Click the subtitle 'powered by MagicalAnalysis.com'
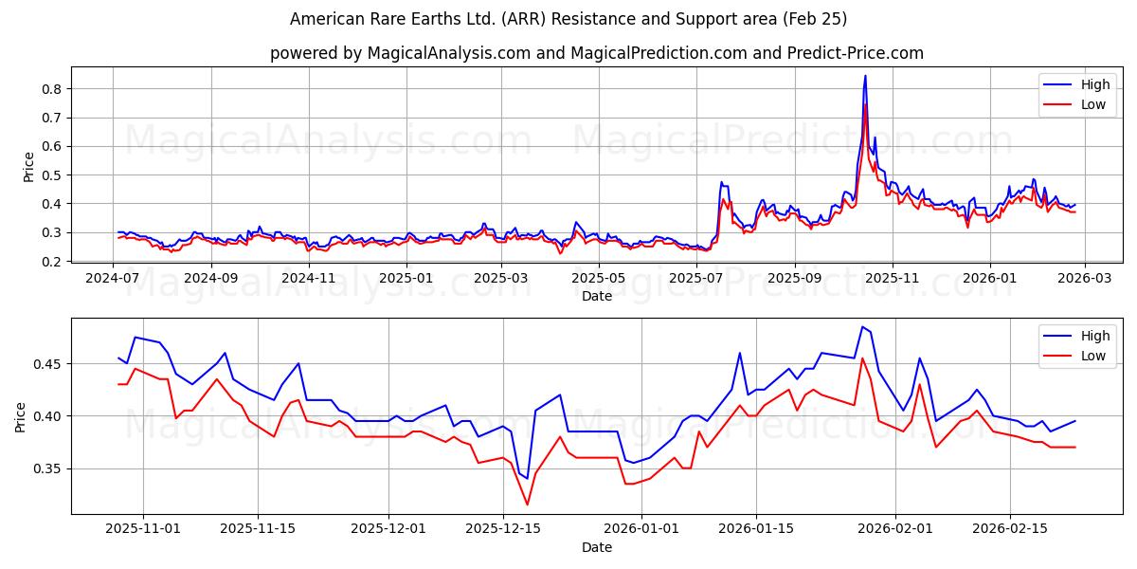pos(597,53)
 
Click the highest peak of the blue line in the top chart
pos(865,76)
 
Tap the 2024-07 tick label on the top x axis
pos(113,278)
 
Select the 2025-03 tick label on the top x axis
pos(500,278)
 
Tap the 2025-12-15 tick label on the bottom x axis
pos(502,529)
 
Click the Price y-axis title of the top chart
pos(28,167)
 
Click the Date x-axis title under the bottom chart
pos(597,547)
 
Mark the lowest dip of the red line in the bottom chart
pos(528,505)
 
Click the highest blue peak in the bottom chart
pos(862,327)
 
